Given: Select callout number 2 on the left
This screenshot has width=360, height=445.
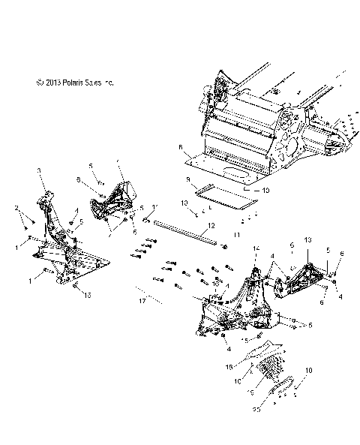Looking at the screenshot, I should (x=16, y=207).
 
